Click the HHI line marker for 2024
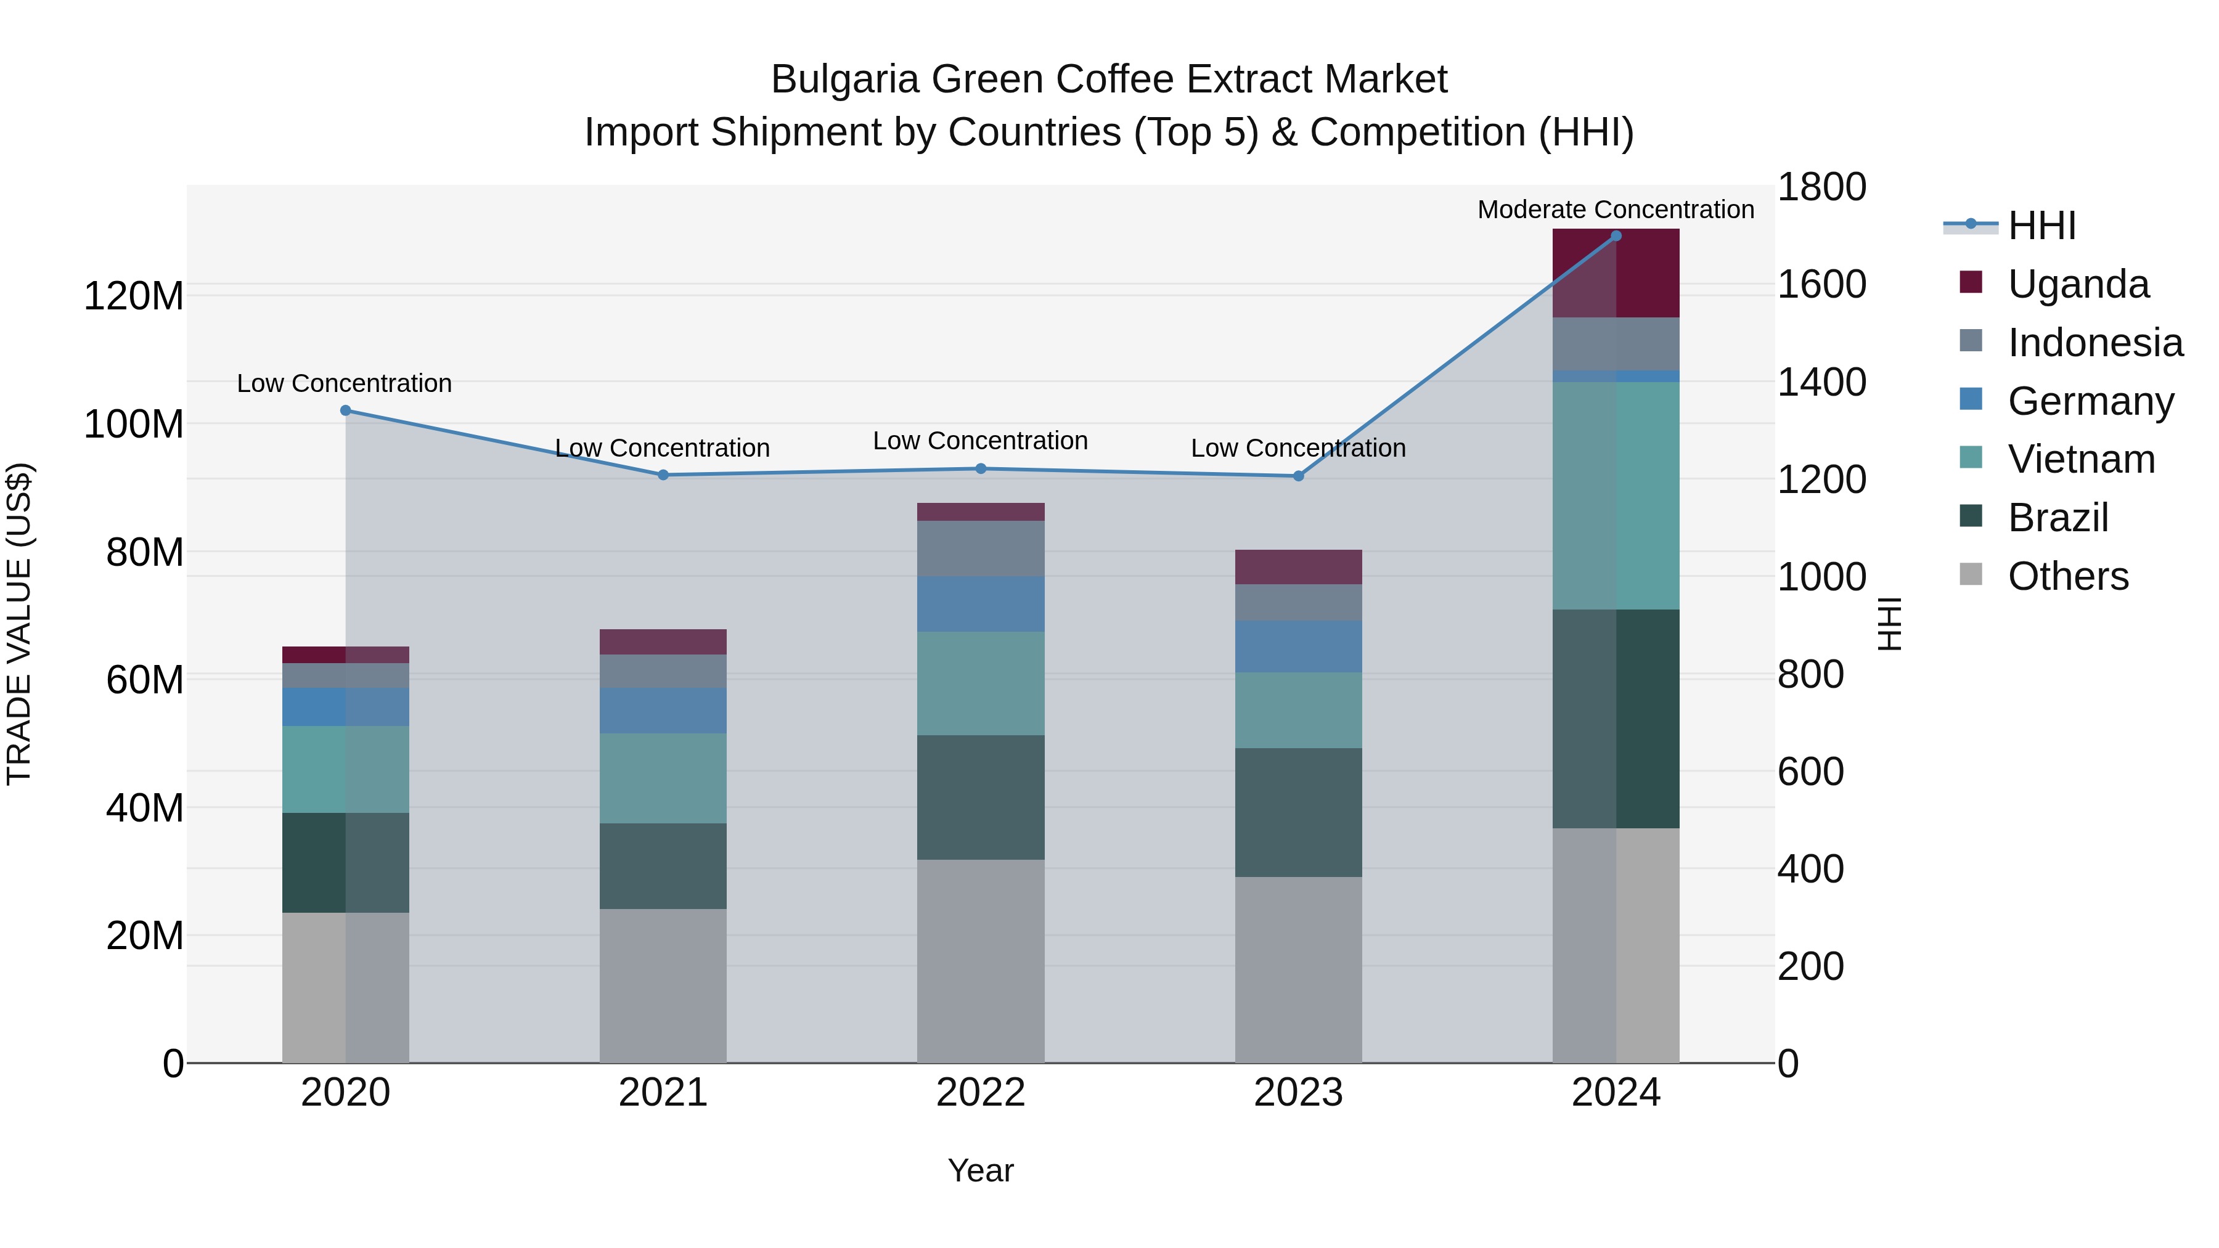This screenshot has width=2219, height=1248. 1616,236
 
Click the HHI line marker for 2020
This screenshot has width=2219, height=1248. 345,411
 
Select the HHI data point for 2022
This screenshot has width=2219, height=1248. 980,468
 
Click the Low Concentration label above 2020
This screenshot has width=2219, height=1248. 344,383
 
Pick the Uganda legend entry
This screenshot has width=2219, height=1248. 2078,284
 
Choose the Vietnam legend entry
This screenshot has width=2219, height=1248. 2081,459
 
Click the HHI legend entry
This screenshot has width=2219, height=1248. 2041,226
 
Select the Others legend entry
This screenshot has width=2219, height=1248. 2067,576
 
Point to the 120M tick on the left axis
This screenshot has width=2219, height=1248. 134,296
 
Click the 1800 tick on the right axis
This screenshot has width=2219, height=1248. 1821,187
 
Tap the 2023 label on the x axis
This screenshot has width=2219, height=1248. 1298,1093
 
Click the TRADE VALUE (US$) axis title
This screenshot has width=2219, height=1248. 19,624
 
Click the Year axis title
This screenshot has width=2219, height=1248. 980,1170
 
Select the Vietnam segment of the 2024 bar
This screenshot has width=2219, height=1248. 1616,496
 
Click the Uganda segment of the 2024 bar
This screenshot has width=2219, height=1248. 1616,273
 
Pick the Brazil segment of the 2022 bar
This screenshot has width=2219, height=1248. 980,797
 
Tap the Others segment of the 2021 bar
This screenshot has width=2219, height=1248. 663,985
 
